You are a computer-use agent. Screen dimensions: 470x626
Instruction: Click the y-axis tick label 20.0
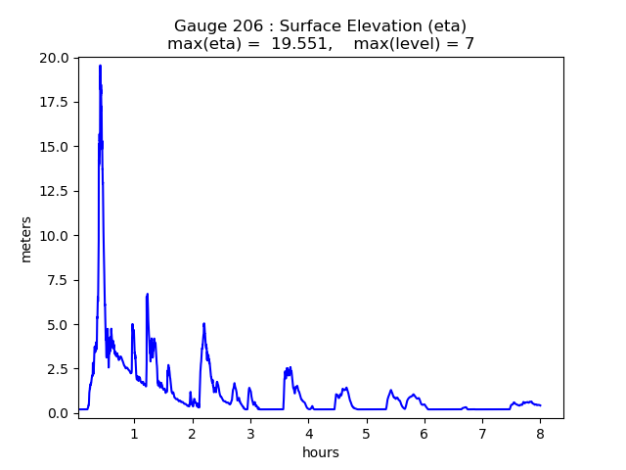tap(56, 58)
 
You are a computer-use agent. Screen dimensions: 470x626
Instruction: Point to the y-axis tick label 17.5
tap(56, 103)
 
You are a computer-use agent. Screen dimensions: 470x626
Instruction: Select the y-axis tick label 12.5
tap(56, 191)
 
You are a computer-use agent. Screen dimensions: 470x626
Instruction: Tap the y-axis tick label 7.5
tap(60, 280)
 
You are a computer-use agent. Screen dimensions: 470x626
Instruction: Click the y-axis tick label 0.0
tap(60, 413)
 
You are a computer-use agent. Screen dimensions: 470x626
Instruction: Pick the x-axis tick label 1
tap(134, 433)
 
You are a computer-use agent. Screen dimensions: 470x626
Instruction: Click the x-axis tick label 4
tap(308, 433)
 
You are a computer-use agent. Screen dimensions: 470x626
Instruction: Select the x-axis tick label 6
tap(425, 433)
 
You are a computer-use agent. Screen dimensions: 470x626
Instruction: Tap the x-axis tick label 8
tap(540, 433)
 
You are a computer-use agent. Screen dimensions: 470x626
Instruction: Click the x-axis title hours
tap(320, 452)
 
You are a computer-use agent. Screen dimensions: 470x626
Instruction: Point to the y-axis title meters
tap(26, 239)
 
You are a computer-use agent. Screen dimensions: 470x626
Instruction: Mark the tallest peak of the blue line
tap(100, 66)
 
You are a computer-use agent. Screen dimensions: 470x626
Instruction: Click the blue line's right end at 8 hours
tap(540, 405)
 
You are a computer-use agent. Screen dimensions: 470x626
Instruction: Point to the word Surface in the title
tap(315, 25)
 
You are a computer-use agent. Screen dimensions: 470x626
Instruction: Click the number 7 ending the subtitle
tap(469, 44)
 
